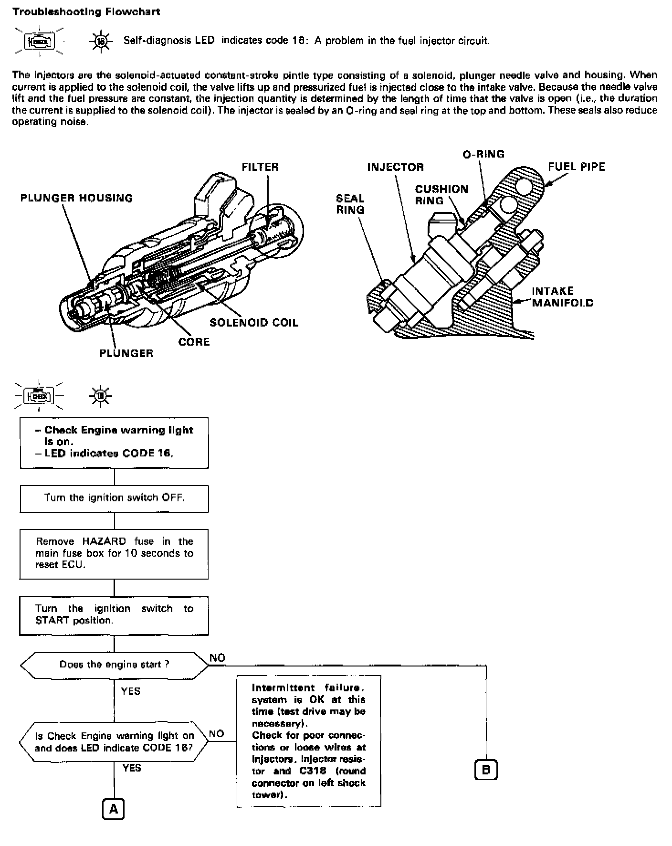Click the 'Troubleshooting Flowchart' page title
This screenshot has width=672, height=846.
click(x=86, y=12)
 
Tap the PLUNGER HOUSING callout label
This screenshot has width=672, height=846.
click(x=76, y=198)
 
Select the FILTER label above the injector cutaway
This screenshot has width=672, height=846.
click(x=260, y=167)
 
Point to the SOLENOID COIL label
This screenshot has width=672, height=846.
click(x=254, y=323)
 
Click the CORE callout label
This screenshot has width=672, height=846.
click(x=194, y=342)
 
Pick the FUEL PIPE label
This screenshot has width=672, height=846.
click(x=576, y=167)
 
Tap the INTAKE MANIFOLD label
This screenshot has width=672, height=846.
click(x=562, y=297)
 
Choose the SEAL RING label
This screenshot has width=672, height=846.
click(x=350, y=204)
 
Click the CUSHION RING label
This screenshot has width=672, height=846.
click(x=441, y=195)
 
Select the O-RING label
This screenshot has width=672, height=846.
click(x=483, y=154)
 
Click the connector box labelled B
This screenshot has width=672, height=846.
click(x=486, y=770)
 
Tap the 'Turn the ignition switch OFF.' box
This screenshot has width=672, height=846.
click(x=114, y=498)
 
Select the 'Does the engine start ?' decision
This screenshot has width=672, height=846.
click(x=114, y=665)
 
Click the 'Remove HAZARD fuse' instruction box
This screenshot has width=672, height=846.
click(x=114, y=553)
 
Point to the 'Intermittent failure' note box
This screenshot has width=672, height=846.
click(x=309, y=740)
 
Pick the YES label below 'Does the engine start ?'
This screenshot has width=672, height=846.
click(x=131, y=691)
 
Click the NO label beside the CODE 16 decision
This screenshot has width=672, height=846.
click(x=217, y=734)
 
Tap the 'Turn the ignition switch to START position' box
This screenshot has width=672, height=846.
click(x=114, y=614)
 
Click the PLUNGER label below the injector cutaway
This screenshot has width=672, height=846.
click(x=126, y=353)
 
